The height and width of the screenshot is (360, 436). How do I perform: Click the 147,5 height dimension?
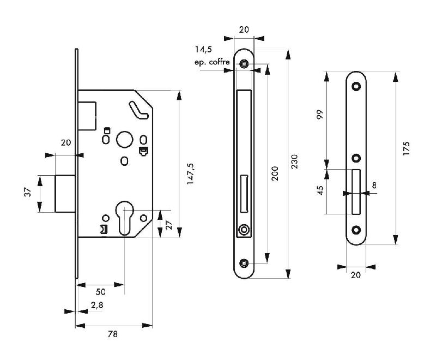coord(190,174)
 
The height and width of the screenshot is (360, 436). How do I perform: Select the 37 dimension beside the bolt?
coord(27,193)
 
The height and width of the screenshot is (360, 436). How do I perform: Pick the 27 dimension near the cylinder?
coord(169,224)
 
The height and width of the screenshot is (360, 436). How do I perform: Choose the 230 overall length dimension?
coord(295,162)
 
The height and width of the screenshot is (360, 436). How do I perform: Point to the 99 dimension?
coord(320,115)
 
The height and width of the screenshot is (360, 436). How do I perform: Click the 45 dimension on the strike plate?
coord(320,190)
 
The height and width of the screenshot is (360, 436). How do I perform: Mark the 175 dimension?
coord(407,149)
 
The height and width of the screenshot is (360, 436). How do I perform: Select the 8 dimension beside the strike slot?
coord(374,186)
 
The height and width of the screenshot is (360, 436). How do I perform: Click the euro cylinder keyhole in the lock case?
coord(124,218)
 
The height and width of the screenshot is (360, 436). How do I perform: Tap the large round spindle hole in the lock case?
coord(124,138)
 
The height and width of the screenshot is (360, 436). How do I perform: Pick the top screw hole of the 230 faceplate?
coord(244,64)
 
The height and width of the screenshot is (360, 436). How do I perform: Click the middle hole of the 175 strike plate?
coord(356,158)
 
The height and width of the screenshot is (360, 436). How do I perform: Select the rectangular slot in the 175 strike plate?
coord(356,192)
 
